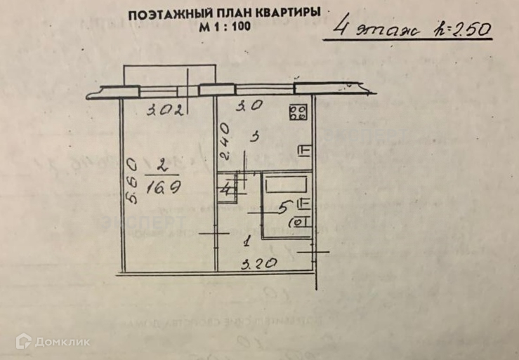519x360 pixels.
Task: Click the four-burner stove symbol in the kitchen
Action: [298, 113]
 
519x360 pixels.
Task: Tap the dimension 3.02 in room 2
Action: [166, 109]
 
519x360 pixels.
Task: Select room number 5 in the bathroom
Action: [284, 208]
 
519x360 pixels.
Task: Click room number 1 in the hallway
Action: [245, 242]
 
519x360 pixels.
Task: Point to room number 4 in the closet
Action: [226, 188]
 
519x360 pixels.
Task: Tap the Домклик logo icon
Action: [25, 342]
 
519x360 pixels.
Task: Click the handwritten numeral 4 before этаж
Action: [343, 29]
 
